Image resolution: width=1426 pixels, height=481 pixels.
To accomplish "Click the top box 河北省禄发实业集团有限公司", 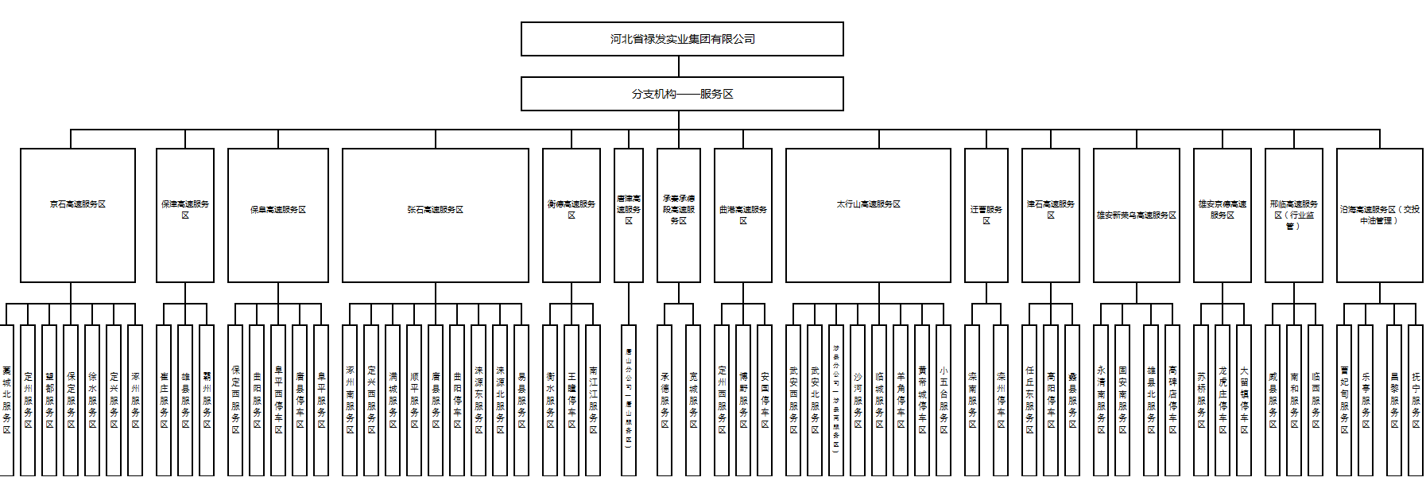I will coord(682,39).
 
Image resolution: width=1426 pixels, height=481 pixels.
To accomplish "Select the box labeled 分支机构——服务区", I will coord(682,94).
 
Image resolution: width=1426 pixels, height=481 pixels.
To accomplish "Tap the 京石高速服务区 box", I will coord(78,215).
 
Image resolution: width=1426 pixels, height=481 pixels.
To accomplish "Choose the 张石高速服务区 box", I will coord(435,215).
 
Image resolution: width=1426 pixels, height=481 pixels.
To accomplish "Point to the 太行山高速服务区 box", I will coord(868,215).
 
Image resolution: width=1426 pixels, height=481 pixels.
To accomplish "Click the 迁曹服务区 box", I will coord(986,215).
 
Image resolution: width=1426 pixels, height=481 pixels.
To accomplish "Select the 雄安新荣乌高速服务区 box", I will coord(1136,215).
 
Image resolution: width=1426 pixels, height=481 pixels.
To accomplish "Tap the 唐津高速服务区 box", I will coord(629,215).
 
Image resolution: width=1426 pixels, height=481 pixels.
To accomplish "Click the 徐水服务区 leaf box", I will coord(92,401).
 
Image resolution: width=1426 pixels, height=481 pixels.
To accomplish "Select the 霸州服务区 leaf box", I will coord(207,401).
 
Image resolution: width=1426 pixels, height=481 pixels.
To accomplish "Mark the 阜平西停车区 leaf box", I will coord(278,401).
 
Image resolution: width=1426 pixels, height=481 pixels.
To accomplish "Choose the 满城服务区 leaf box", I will coord(393,401).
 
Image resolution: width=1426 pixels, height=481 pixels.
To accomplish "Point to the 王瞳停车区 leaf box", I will coord(572,401).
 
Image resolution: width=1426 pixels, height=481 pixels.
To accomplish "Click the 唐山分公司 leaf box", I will coord(629,401).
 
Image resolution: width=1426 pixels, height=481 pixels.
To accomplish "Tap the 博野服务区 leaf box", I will coord(743,401).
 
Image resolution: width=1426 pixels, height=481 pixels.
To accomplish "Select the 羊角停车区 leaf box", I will coord(901,401).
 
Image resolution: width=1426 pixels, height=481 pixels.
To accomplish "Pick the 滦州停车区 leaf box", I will coord(1001,401).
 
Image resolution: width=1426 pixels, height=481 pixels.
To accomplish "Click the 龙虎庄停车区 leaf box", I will coord(1223,401).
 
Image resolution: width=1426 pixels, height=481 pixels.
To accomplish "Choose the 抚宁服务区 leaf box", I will coord(1416,401).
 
